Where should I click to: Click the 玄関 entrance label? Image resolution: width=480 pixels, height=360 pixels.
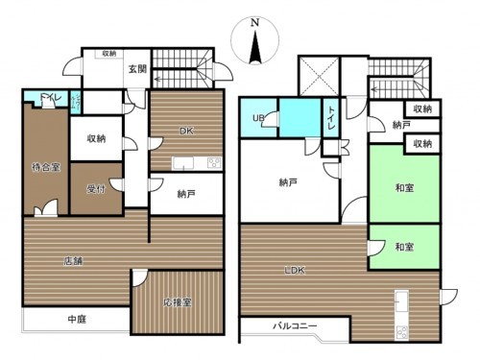137,68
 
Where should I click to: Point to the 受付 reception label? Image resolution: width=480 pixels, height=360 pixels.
95,189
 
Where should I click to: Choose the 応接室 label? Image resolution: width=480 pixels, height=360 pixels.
180,301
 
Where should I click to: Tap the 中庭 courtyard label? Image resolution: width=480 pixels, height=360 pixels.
78,319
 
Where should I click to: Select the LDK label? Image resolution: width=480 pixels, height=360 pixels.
294,272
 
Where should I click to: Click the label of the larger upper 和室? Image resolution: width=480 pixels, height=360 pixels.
403,189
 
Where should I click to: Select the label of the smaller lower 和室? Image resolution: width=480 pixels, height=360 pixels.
403,248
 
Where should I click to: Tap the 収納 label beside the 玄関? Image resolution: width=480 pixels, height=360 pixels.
110,54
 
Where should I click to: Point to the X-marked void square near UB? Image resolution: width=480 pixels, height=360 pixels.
315,72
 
